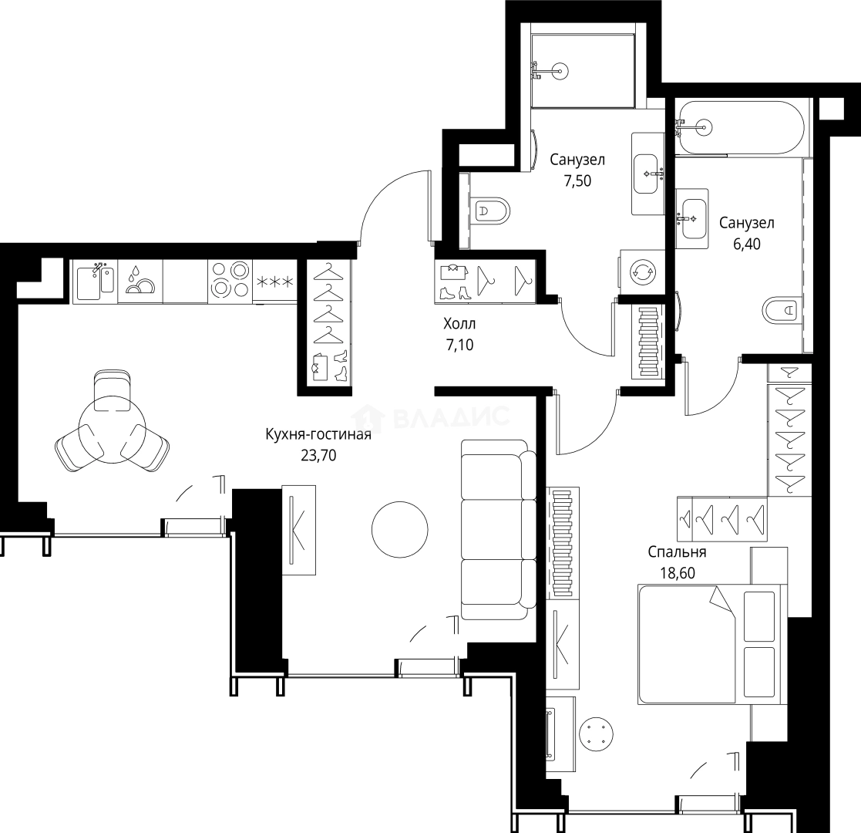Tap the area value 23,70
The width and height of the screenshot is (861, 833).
tap(318, 455)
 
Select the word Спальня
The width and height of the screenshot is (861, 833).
tap(677, 552)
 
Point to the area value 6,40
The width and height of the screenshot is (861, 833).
tap(746, 243)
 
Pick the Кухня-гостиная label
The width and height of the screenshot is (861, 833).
tap(318, 435)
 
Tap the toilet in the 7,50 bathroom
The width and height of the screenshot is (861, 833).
tap(491, 211)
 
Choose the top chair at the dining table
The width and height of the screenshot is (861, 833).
tap(111, 390)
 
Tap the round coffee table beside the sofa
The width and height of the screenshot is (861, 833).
tap(399, 529)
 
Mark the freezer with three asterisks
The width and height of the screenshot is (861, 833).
tap(274, 281)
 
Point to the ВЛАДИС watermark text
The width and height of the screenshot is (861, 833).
tap(451, 417)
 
